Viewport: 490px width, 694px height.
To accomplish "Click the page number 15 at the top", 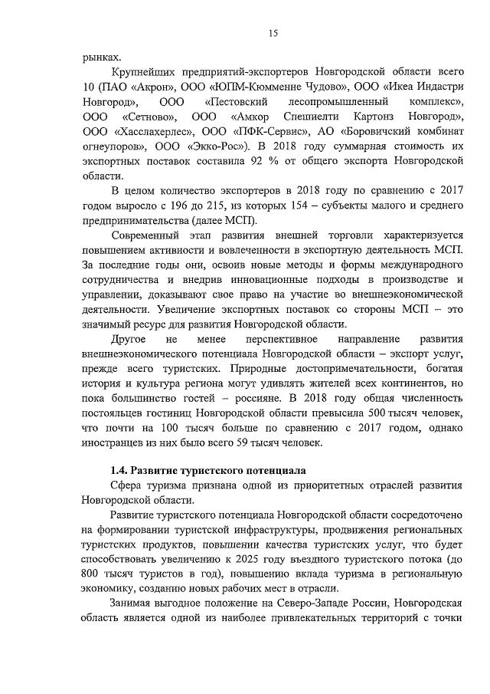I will (x=273, y=32).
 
